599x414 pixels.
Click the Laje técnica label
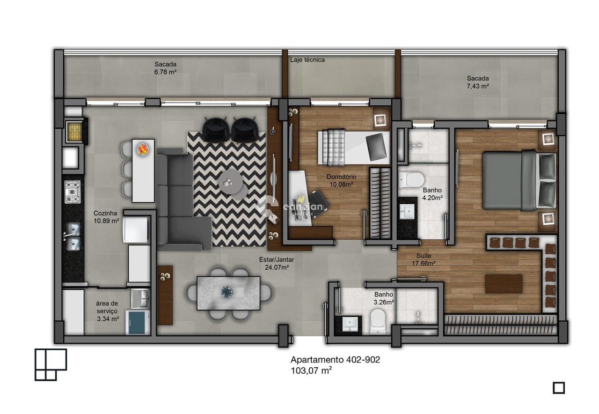tap(307, 60)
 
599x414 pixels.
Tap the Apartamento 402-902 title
tap(335, 360)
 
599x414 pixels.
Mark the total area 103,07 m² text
tap(311, 370)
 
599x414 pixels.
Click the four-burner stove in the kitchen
tap(73, 192)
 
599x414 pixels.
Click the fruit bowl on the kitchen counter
tap(143, 149)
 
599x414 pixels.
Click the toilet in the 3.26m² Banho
tap(377, 323)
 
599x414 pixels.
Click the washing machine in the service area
tap(138, 323)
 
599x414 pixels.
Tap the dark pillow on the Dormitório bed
tap(377, 146)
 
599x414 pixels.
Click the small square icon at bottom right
tap(559, 388)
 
